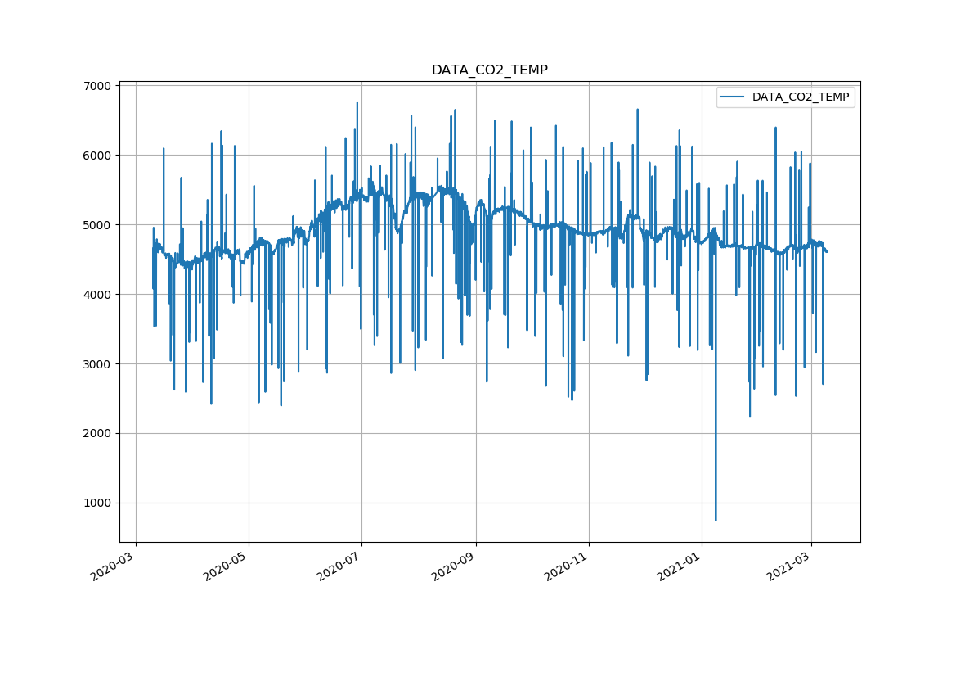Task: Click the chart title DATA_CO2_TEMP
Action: [489, 70]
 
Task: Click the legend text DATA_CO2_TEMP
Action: [800, 97]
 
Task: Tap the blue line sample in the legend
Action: [733, 97]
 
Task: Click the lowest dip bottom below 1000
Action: [716, 520]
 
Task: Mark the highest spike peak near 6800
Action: [357, 102]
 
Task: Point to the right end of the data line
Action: [826, 251]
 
